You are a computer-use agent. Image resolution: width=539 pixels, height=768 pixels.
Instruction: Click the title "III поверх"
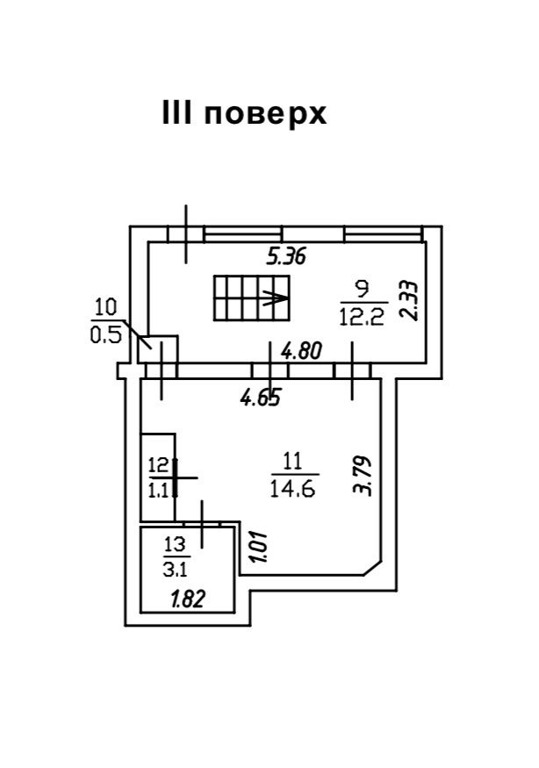(x=244, y=113)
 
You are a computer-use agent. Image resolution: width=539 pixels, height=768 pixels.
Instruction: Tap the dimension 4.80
(x=302, y=351)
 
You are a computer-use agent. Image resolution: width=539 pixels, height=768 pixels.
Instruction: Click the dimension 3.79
(x=364, y=474)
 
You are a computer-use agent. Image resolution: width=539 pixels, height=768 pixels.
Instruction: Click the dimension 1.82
(x=189, y=600)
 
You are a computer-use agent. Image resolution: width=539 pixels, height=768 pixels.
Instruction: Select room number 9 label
(x=361, y=288)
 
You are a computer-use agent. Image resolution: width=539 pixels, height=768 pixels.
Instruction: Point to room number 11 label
(x=293, y=459)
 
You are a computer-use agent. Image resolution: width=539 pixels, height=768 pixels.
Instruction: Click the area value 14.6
(x=294, y=489)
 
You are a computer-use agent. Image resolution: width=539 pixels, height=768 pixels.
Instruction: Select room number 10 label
(x=105, y=307)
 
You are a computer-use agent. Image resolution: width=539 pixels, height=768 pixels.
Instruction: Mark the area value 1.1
(x=158, y=491)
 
